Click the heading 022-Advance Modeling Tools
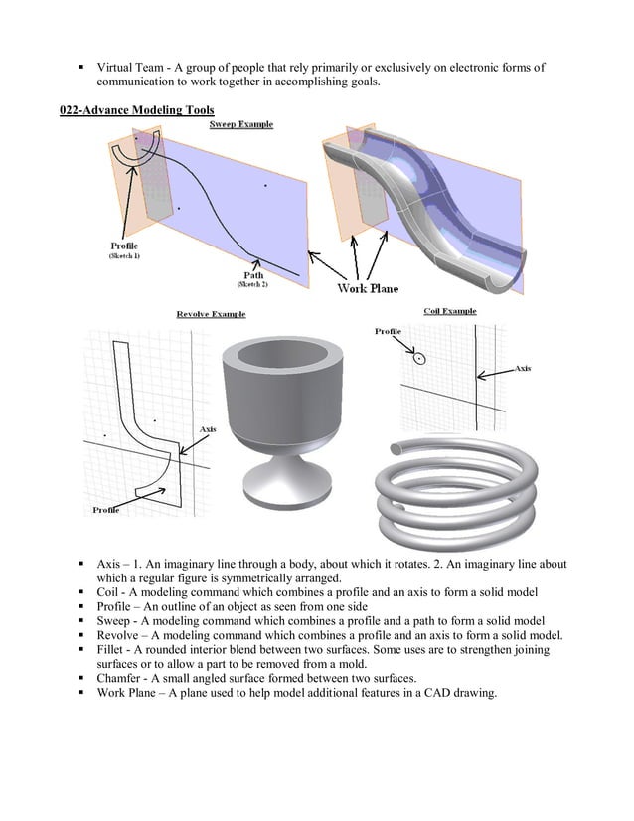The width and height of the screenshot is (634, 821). coord(136,108)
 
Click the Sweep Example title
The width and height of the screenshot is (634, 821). coord(241,125)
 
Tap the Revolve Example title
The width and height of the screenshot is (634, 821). coord(211,314)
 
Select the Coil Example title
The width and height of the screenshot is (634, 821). coord(449,311)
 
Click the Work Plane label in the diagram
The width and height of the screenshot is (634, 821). coord(368,288)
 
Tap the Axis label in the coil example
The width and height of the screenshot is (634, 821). coord(522,368)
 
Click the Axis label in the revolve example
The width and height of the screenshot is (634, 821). coord(208,428)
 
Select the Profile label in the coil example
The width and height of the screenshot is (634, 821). coord(389,330)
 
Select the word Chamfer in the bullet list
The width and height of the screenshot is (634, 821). coord(120,678)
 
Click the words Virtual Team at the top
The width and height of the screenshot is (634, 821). coord(132,67)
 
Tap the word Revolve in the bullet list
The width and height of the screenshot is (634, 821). coord(118,635)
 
